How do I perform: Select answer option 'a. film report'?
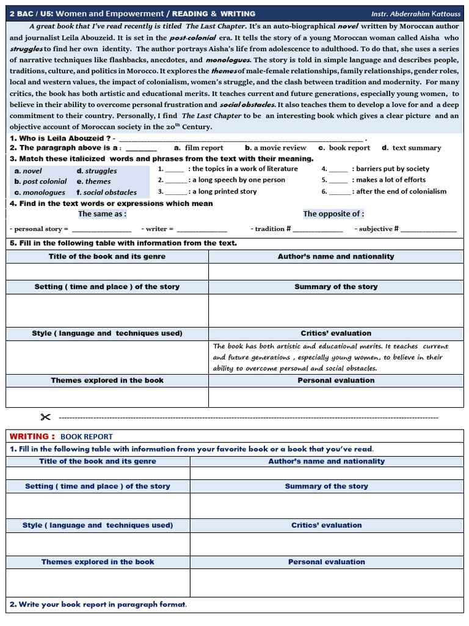[198, 148]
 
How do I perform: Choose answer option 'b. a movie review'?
[275, 148]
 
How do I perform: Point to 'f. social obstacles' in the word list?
[106, 192]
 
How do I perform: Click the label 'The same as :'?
[102, 214]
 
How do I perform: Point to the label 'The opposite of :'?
[333, 214]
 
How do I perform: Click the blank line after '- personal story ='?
[101, 229]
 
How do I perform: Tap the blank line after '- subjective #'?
[428, 229]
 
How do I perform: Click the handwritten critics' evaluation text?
[330, 357]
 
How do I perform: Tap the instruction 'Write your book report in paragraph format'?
[98, 605]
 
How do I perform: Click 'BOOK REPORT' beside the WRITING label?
[87, 436]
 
